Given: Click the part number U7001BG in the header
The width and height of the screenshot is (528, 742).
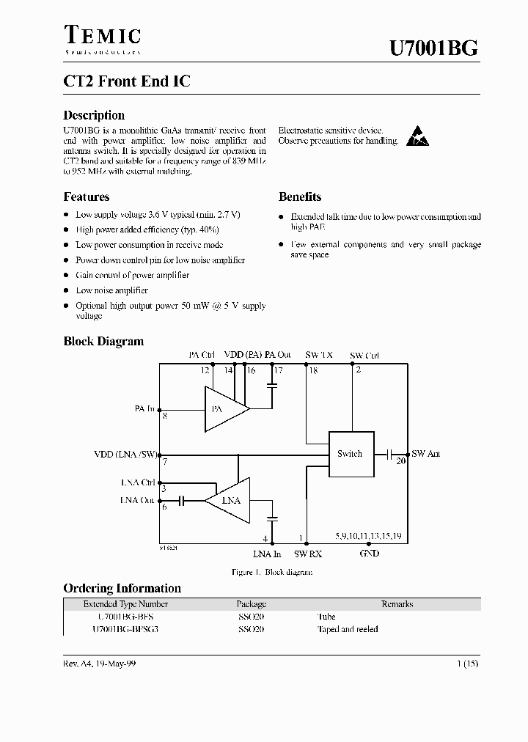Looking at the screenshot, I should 434,48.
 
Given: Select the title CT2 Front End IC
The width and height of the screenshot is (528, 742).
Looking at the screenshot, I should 127,81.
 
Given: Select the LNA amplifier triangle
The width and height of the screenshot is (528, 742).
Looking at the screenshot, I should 229,501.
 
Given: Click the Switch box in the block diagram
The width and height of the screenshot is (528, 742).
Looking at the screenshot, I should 350,454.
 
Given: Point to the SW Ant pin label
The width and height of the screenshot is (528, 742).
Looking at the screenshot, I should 426,454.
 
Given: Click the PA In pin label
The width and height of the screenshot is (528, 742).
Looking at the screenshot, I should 144,408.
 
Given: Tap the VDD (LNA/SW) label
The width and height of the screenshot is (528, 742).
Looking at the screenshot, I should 126,454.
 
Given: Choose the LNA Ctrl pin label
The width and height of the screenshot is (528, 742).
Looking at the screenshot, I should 138,482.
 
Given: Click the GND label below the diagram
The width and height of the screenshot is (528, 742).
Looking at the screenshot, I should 369,554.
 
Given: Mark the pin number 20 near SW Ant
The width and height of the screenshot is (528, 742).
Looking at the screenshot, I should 400,462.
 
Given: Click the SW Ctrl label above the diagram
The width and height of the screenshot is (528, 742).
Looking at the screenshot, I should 364,355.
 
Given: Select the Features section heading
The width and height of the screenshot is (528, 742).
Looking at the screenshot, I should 87,196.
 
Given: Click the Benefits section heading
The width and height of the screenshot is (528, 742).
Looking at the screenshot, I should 300,196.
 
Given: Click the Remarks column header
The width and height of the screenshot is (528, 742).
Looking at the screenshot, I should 397,604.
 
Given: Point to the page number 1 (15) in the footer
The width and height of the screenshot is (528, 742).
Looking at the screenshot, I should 467,664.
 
